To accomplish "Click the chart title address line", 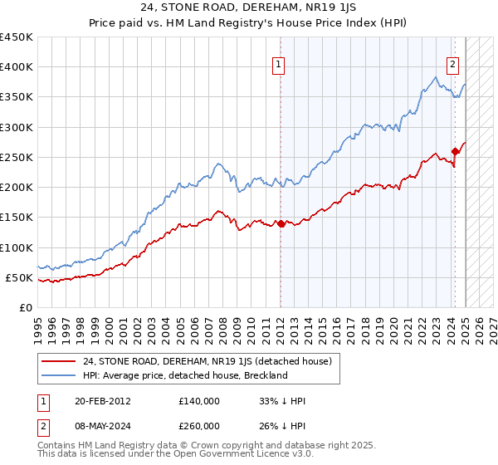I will tap(248, 9).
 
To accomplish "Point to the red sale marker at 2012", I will tap(281, 223).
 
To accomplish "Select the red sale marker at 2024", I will tap(455, 151).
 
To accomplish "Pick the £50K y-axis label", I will tap(20, 277).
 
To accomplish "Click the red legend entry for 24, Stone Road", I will tap(207, 361).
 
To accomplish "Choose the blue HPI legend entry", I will tap(184, 375).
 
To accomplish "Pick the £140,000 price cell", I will tap(199, 401).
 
